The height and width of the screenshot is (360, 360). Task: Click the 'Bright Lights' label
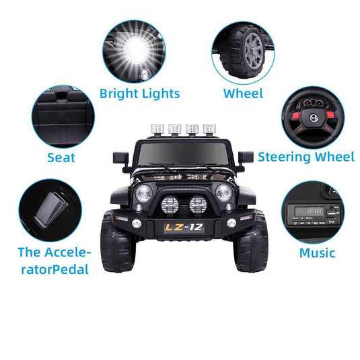coord(139,93)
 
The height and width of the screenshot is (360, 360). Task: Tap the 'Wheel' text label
coord(243,93)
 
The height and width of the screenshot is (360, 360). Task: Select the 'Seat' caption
coord(61,158)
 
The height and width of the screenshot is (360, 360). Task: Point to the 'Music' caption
coord(317,253)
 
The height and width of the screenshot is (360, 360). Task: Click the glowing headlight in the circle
coord(133,50)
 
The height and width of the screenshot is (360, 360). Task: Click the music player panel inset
coord(312,212)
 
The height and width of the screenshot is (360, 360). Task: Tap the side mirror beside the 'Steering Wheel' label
coord(245,157)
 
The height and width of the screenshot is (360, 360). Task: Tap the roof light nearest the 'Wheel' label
coord(209,129)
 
